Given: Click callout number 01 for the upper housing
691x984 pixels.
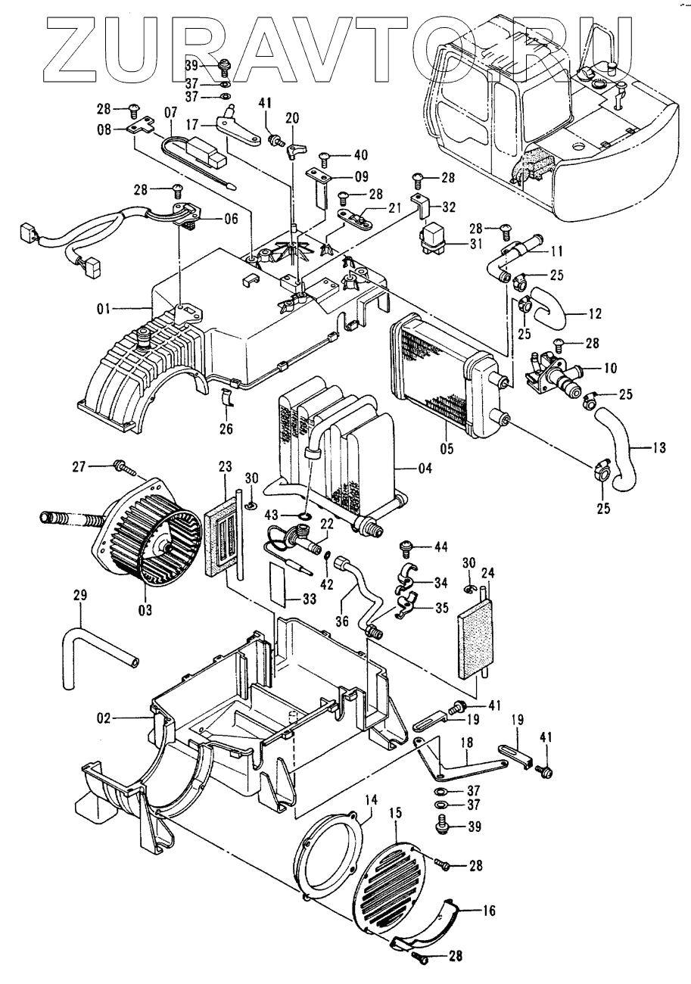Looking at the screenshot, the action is coord(103,309).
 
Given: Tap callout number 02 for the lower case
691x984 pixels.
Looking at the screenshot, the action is coord(104,718).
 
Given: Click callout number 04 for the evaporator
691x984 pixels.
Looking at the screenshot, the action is coord(425,469).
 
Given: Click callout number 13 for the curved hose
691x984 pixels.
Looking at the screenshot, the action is coord(658,448).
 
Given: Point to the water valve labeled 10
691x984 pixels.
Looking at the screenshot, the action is coord(553,375).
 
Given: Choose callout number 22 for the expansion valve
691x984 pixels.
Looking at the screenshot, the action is coord(327,524).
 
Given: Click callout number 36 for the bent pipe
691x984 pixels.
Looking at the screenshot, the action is coord(342,621).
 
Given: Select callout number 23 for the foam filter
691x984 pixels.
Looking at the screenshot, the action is coord(226,466).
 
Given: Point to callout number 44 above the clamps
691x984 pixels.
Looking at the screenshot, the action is coord(440,547).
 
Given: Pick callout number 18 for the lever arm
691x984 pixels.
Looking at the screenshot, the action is coord(467,743).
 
